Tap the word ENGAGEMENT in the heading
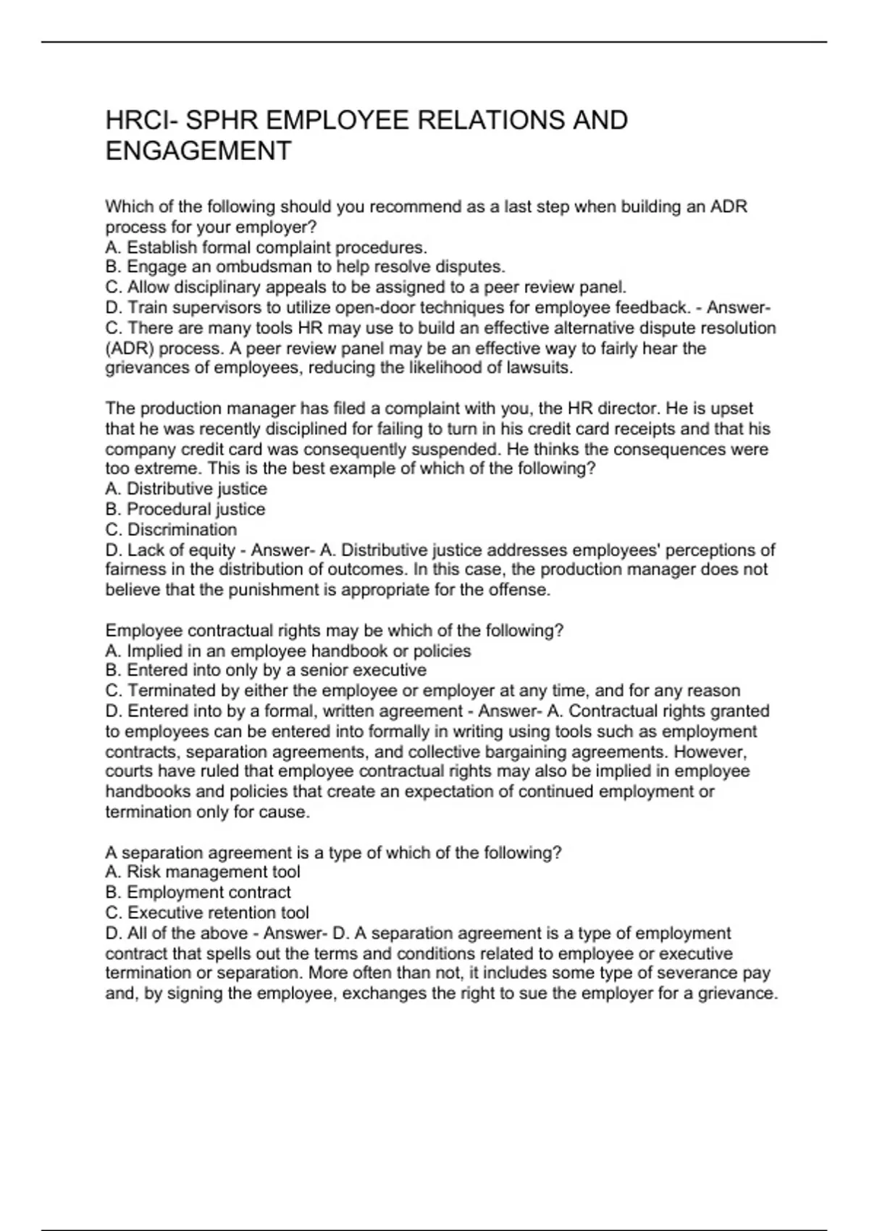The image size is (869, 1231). [198, 151]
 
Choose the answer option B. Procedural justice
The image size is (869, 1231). [185, 509]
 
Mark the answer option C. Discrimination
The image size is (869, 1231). [171, 529]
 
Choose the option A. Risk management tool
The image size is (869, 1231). [203, 872]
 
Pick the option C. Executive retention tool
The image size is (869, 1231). [207, 912]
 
